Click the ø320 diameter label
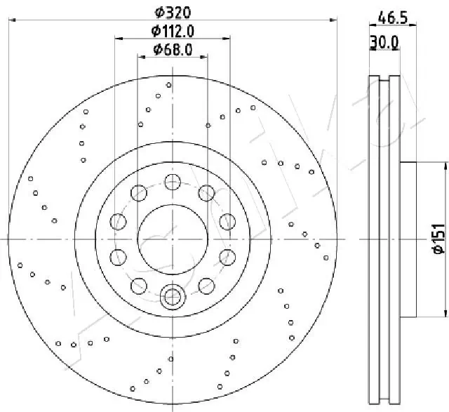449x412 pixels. pyautogui.click(x=173, y=12)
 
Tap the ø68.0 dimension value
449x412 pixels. pyautogui.click(x=173, y=49)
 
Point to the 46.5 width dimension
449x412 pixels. pyautogui.click(x=394, y=17)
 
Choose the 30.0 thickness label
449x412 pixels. pyautogui.click(x=384, y=43)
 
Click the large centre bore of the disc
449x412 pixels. pyautogui.click(x=172, y=239)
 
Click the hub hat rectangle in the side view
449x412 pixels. pyautogui.click(x=408, y=239)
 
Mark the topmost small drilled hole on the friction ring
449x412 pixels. pyautogui.click(x=169, y=85)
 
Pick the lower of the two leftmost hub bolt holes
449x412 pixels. pyautogui.click(x=118, y=257)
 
